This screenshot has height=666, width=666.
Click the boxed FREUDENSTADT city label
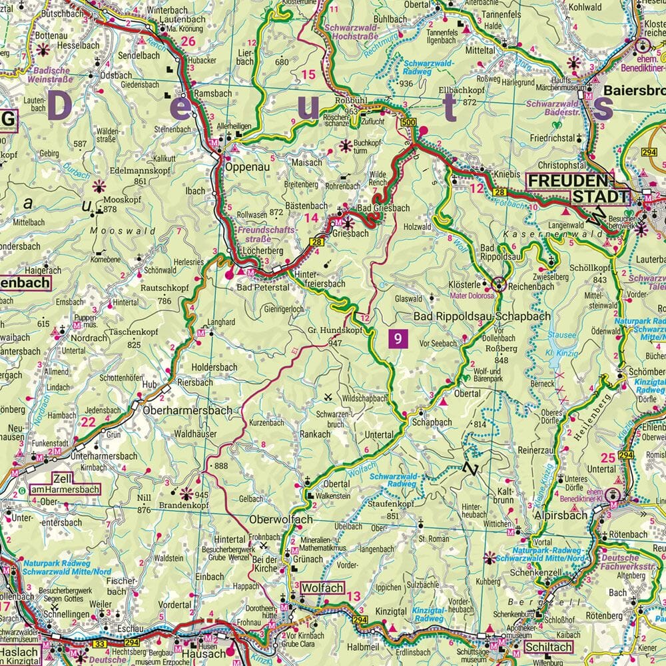coord(578,188)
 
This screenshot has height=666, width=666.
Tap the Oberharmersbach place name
coord(187,411)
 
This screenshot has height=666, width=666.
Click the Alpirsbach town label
coord(561,515)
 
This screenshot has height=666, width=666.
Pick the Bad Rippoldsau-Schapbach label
coord(482,316)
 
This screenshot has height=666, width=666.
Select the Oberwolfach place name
coord(280,519)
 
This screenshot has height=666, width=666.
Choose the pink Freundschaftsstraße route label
coord(261,232)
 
